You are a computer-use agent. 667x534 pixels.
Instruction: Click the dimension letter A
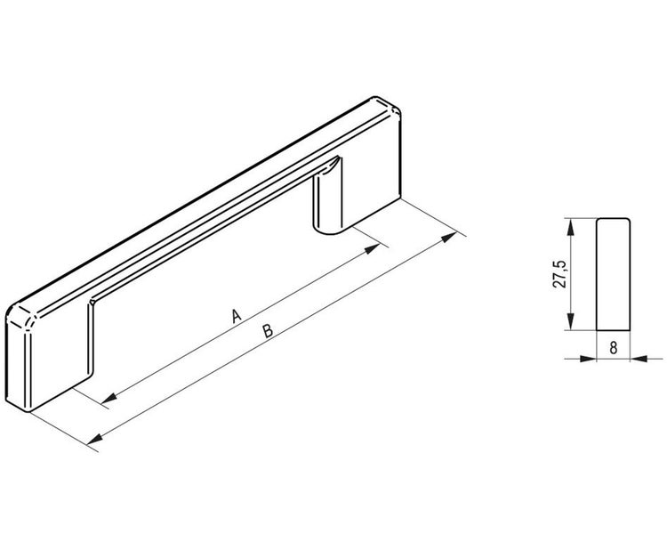(237, 316)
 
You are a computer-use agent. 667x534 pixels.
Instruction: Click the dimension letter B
(268, 331)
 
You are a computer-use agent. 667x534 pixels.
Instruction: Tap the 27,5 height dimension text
(560, 275)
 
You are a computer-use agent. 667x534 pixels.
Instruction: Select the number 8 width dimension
(613, 348)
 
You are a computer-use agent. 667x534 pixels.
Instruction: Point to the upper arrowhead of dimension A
(372, 248)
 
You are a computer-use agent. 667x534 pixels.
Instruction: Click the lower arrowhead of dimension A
(109, 398)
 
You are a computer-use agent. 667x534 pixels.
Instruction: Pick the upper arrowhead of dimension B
(449, 238)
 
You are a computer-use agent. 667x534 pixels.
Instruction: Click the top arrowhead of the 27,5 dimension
(571, 227)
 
